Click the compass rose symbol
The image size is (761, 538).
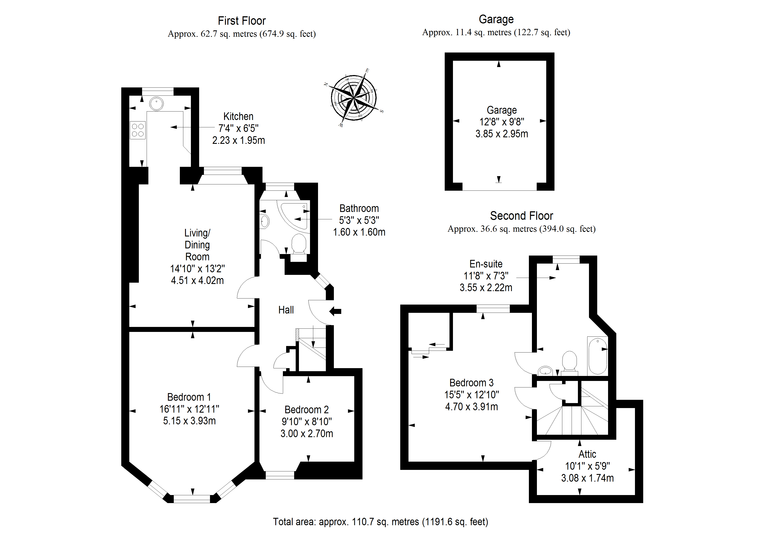tap(354, 98)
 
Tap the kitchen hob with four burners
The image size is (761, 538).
tap(138, 130)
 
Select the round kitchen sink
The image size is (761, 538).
tap(156, 103)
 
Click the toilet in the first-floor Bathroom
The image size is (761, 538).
tap(299, 244)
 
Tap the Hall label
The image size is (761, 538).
tap(286, 310)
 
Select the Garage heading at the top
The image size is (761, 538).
tap(496, 19)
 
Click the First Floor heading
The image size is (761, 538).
tap(242, 21)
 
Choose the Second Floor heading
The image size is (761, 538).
tap(521, 216)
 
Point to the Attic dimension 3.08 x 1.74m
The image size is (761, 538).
tap(587, 478)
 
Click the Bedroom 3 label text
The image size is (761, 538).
tap(471, 383)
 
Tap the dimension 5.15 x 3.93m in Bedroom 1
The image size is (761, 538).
tap(189, 421)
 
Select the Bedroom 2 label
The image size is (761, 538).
tap(307, 410)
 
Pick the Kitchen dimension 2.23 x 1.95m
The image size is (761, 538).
tap(238, 140)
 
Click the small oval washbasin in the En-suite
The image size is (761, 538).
tap(545, 370)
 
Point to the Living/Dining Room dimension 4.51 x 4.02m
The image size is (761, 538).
tap(197, 280)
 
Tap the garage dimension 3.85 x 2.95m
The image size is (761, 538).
tap(502, 134)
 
